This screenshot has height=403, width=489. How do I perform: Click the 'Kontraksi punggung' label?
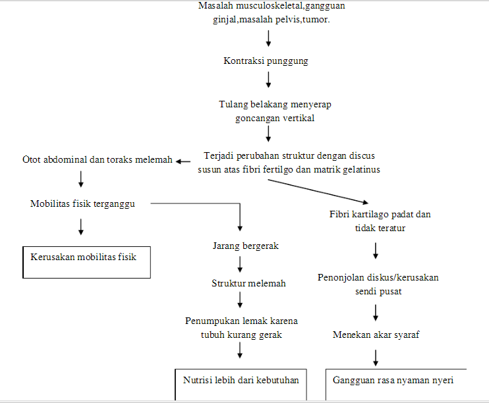(x=266, y=61)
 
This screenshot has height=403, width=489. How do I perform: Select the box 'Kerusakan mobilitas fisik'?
(x=88, y=261)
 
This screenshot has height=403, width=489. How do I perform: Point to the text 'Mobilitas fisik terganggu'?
(x=82, y=203)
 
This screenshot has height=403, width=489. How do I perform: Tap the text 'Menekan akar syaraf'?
(x=376, y=335)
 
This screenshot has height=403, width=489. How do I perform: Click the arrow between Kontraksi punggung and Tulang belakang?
(x=268, y=80)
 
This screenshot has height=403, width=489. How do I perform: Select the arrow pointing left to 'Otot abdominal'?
(x=187, y=159)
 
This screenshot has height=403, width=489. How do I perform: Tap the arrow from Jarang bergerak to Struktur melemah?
(x=240, y=264)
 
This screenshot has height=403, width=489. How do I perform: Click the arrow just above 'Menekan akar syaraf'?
(x=376, y=311)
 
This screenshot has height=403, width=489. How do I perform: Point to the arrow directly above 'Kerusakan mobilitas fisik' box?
(x=80, y=227)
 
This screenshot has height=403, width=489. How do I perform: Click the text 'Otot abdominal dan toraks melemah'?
(x=98, y=159)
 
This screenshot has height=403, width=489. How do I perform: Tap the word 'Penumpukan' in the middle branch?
(x=210, y=321)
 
